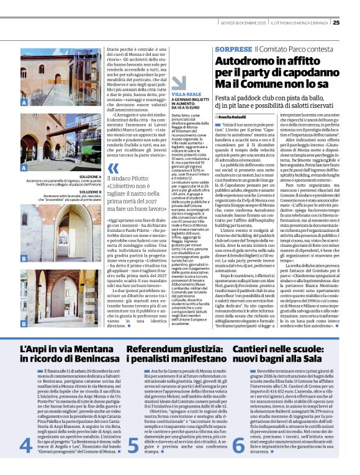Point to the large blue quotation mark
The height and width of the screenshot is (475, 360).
(x=112, y=169)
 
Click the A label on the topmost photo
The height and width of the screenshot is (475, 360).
(x=24, y=102)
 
